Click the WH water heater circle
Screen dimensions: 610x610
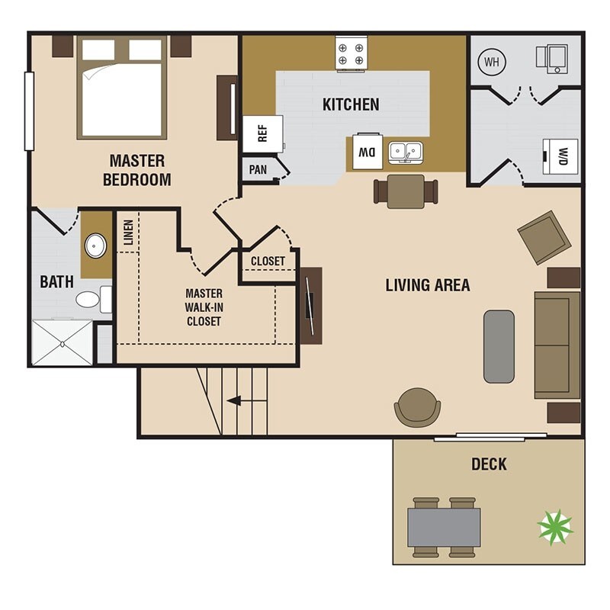click(492, 62)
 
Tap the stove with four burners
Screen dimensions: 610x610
click(351, 54)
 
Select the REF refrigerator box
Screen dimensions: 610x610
click(262, 134)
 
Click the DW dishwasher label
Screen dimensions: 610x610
click(368, 152)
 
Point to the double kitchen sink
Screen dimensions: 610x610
click(406, 152)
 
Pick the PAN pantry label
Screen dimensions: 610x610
click(258, 169)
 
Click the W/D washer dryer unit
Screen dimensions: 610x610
click(560, 156)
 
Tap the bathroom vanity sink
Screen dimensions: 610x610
click(96, 246)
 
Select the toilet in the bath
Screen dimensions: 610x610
click(94, 299)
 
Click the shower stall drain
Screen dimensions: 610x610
click(63, 344)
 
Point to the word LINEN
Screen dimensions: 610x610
click(128, 233)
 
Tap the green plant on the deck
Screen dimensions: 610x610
click(555, 528)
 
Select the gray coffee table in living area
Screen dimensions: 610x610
click(499, 346)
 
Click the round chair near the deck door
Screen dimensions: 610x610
click(417, 407)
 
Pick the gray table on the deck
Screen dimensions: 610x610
click(444, 527)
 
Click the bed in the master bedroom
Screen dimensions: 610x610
click(122, 88)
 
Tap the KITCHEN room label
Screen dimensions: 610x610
click(351, 104)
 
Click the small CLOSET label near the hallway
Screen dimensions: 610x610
click(268, 261)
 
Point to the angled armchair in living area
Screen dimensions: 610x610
click(544, 238)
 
